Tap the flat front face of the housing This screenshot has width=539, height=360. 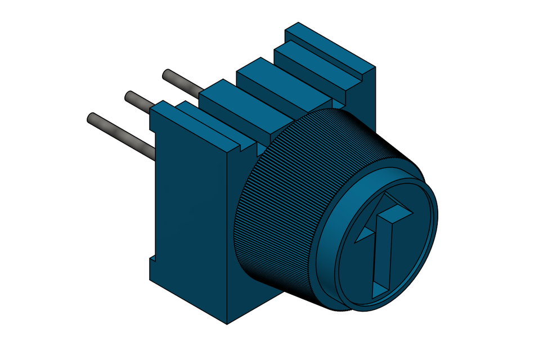(x=188, y=214)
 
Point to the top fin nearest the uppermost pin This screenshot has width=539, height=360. (x=225, y=98)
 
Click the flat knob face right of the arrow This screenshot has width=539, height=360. (x=414, y=247)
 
